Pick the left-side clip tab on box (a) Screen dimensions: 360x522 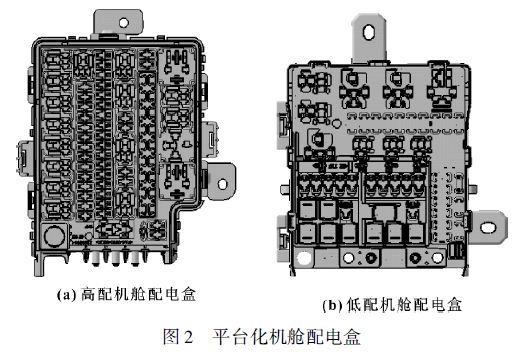22,155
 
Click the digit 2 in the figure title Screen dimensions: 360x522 183,336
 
